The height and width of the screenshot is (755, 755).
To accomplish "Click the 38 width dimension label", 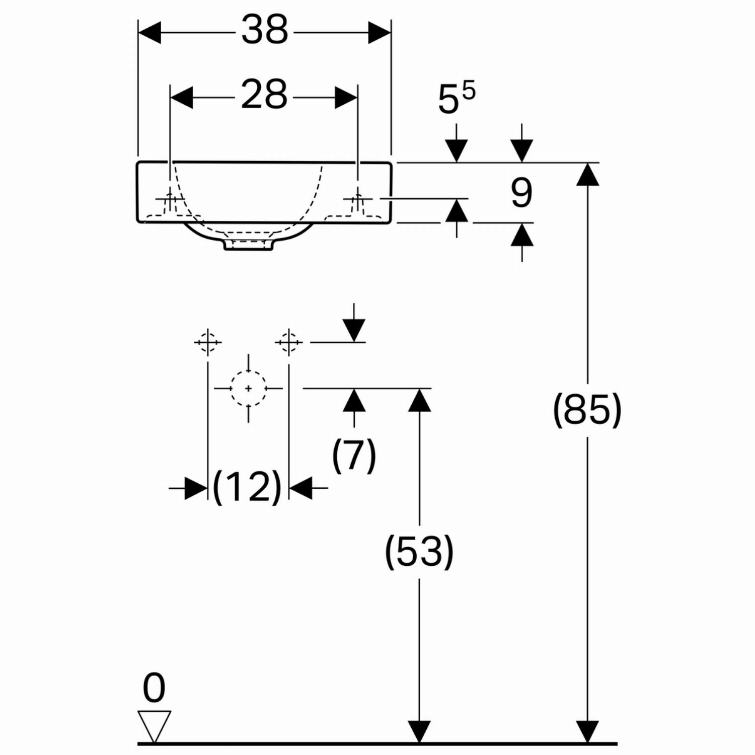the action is [265, 30].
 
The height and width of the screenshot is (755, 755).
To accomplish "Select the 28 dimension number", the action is [264, 94].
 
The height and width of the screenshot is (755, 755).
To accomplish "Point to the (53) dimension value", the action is [419, 552].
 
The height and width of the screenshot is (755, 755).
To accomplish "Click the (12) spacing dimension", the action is [247, 487].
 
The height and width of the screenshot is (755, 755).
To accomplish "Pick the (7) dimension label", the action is [354, 455].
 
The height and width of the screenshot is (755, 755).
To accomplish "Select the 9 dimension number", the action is [521, 193].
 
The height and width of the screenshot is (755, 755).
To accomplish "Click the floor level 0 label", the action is [154, 688].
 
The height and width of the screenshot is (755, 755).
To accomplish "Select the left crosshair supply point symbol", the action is [207, 343].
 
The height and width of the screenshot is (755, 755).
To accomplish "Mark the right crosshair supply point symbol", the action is [288, 343].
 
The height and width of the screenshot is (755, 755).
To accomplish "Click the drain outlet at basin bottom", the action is [249, 245].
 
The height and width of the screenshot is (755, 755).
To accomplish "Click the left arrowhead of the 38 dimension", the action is [149, 33].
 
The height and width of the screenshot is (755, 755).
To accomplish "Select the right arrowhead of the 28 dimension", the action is [346, 98].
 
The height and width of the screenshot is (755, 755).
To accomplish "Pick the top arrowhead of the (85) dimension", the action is [587, 174].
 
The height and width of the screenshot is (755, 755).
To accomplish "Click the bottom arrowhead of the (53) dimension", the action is [419, 731].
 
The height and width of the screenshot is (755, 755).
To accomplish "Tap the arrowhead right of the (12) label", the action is [300, 488].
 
